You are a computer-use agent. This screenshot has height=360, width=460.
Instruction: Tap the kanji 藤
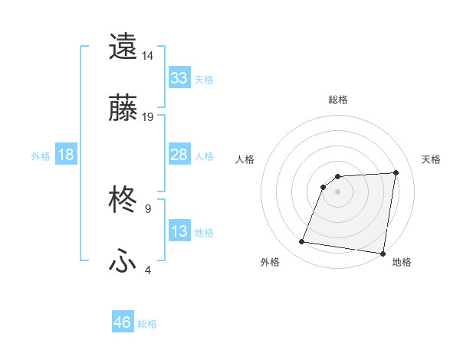click(123, 108)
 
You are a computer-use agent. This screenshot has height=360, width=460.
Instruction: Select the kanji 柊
click(123, 201)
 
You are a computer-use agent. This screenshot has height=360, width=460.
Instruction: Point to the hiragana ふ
click(123, 261)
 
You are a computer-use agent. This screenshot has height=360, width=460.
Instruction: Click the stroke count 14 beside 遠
click(147, 56)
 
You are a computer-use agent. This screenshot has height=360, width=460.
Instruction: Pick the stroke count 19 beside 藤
click(147, 117)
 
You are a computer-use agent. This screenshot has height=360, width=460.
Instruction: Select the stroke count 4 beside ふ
click(147, 270)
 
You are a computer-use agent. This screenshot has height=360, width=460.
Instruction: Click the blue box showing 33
click(179, 77)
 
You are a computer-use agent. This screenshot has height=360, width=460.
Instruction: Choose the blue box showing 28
click(179, 155)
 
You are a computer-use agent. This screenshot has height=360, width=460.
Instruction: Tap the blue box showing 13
click(179, 231)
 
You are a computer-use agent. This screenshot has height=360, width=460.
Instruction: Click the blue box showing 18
click(66, 155)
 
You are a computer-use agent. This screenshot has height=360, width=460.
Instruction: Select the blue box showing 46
click(123, 322)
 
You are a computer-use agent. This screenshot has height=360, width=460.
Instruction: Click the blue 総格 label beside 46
click(147, 324)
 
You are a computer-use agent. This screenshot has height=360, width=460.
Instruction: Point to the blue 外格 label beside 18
click(41, 155)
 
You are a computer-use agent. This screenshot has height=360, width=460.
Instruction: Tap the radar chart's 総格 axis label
click(338, 100)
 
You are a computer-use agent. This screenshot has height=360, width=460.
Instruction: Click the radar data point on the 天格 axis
click(396, 172)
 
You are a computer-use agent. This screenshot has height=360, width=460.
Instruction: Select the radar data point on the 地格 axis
click(383, 254)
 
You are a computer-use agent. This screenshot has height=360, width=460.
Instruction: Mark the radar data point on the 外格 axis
click(302, 242)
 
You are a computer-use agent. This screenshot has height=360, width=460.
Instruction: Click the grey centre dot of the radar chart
click(337, 191)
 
